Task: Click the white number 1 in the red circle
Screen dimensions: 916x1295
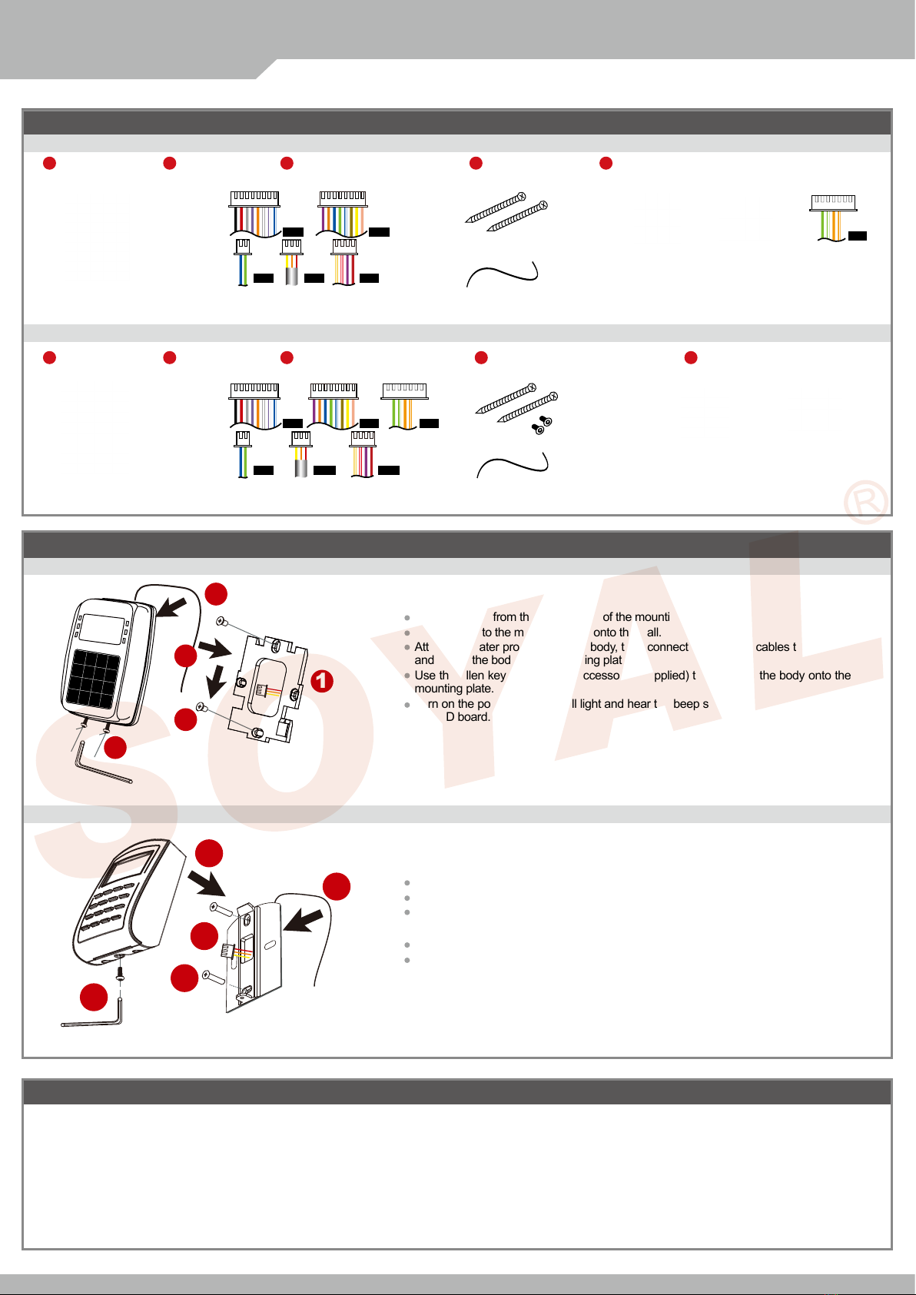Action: pos(322,680)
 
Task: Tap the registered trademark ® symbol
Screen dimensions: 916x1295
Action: pos(866,503)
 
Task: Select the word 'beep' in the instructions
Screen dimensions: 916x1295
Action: pos(685,704)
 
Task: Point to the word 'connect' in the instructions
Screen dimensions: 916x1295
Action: pos(667,647)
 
